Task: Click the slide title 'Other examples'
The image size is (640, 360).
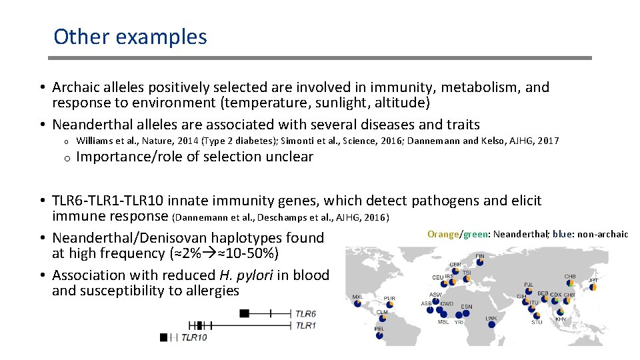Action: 130,37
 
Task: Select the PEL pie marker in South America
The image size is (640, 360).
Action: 379,335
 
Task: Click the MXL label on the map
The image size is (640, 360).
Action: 358,297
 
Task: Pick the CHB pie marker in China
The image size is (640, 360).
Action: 570,285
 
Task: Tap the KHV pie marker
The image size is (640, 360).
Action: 561,311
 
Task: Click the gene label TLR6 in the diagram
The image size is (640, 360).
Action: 305,313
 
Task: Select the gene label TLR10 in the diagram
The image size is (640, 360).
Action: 194,338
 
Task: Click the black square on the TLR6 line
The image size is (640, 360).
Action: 245,313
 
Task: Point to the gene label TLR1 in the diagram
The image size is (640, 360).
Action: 305,325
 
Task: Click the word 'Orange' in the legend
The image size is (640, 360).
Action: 443,234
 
